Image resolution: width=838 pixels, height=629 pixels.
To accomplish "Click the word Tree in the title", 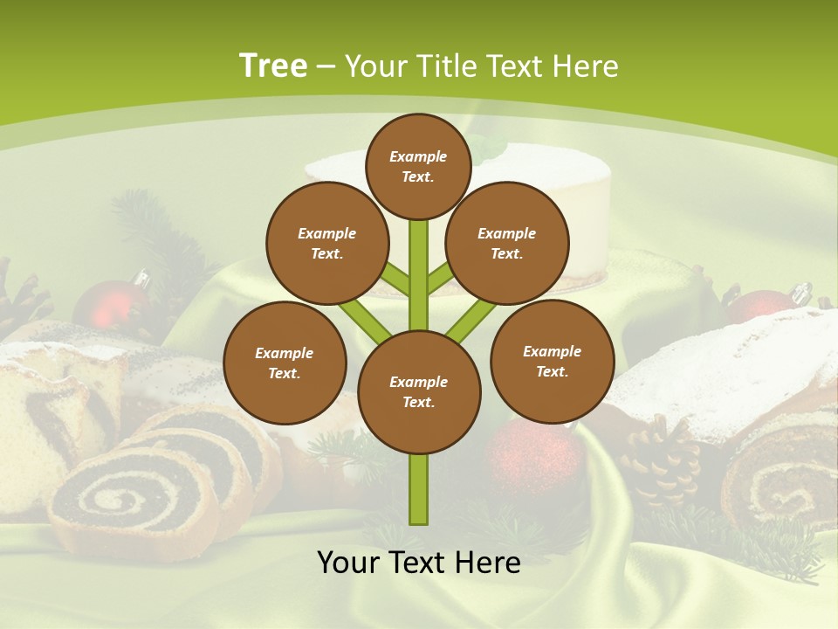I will tap(273, 66).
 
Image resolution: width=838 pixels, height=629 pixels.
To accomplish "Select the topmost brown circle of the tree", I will tap(418, 166).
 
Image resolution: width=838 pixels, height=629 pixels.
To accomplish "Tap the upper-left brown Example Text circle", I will tap(327, 243).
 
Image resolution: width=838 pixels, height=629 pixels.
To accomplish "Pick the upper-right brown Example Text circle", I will tap(507, 243).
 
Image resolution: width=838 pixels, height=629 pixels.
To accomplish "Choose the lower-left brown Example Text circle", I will tap(285, 363).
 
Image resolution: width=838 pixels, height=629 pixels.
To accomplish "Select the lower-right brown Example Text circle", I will tap(552, 361).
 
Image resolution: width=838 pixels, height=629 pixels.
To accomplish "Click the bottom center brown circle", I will tap(419, 391).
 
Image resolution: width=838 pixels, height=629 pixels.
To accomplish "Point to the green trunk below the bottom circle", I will tap(419, 489).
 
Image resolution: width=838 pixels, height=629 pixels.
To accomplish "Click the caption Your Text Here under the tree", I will tap(419, 563).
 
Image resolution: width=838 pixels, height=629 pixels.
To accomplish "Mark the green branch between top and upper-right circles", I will tap(442, 280).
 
